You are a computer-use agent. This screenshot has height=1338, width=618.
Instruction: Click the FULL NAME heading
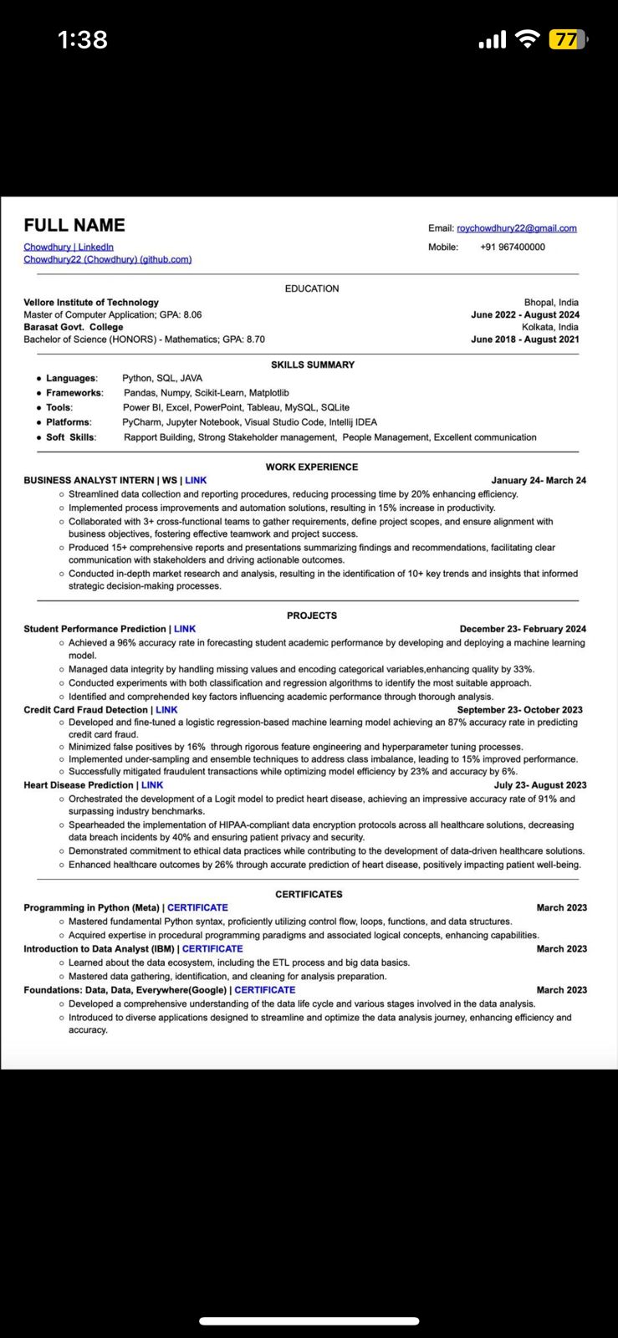click(74, 225)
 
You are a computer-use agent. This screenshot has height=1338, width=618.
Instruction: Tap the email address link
click(516, 228)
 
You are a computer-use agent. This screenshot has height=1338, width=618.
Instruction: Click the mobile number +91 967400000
click(512, 247)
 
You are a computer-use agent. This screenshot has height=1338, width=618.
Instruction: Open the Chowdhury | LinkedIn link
click(69, 247)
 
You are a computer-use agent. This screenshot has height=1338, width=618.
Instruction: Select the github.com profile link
click(107, 259)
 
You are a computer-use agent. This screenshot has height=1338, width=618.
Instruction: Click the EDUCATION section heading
click(312, 289)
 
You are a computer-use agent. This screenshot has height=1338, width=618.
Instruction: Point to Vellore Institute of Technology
click(91, 302)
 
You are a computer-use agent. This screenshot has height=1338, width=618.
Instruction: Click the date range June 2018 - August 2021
click(524, 340)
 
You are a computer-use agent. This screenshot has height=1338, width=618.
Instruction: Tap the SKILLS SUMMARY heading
click(312, 365)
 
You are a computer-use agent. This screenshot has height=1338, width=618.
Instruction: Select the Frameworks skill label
click(74, 392)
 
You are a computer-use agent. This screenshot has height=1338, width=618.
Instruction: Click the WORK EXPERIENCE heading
click(311, 467)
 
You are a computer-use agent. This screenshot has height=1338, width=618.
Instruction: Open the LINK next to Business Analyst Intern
click(196, 480)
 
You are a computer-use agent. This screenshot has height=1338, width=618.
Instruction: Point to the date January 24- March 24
click(538, 480)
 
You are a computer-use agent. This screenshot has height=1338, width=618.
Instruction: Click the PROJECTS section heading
click(311, 615)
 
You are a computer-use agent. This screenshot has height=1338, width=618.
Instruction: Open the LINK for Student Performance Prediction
click(185, 629)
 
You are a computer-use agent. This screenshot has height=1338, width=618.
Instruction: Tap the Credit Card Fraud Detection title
click(85, 709)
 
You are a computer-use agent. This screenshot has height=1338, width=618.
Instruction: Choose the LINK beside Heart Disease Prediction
click(152, 784)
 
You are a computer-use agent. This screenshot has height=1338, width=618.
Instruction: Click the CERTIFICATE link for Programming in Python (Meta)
click(197, 907)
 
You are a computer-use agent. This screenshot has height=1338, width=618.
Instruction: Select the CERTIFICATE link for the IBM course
click(212, 948)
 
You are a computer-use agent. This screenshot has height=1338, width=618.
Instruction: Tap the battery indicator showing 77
click(567, 39)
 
